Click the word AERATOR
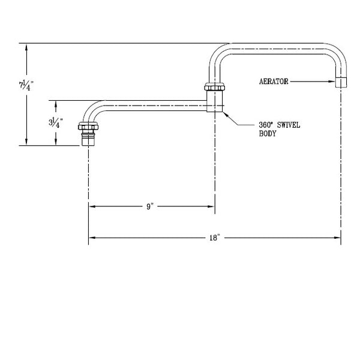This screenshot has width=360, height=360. pyautogui.click(x=274, y=82)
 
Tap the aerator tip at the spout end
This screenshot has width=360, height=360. pyautogui.click(x=341, y=82)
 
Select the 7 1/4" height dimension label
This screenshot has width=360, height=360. pyautogui.click(x=26, y=85)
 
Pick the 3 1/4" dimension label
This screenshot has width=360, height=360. pyautogui.click(x=56, y=122)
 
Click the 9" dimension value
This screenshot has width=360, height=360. pyautogui.click(x=149, y=206)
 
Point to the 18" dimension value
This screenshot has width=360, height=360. pyautogui.click(x=214, y=238)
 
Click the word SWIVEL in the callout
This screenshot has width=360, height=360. pyautogui.click(x=289, y=125)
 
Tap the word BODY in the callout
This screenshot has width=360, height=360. pyautogui.click(x=268, y=134)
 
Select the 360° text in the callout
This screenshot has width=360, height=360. pyautogui.click(x=266, y=125)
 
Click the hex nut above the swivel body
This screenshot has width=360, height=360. pyautogui.click(x=214, y=87)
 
